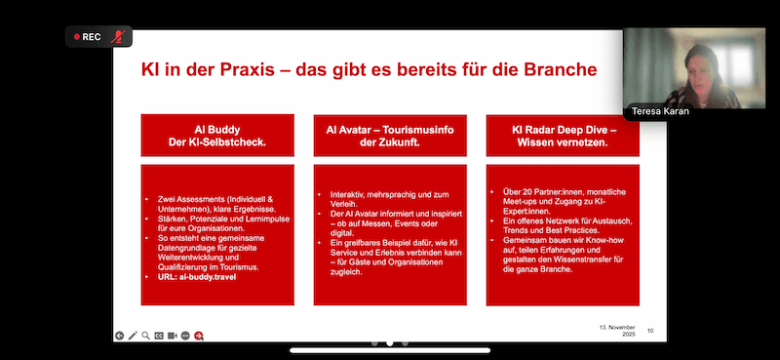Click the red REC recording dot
click(75, 37)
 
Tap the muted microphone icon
click(119, 37)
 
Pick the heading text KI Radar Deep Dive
click(562, 127)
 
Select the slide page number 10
click(651, 332)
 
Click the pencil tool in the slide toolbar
click(132, 336)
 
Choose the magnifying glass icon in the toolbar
click(145, 336)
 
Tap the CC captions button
click(159, 336)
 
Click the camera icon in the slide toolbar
click(172, 336)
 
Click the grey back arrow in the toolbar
click(119, 336)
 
